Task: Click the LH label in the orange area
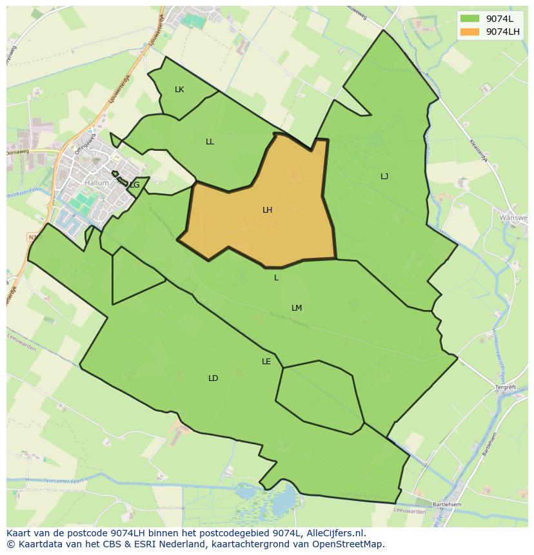267,210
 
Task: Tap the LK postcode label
179,90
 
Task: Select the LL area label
210,142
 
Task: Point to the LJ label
384,176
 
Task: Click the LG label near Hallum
134,185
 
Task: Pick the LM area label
297,308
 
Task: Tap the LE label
266,362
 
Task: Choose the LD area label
213,378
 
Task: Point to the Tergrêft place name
506,387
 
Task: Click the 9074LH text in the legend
504,32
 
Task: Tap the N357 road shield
32,237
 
